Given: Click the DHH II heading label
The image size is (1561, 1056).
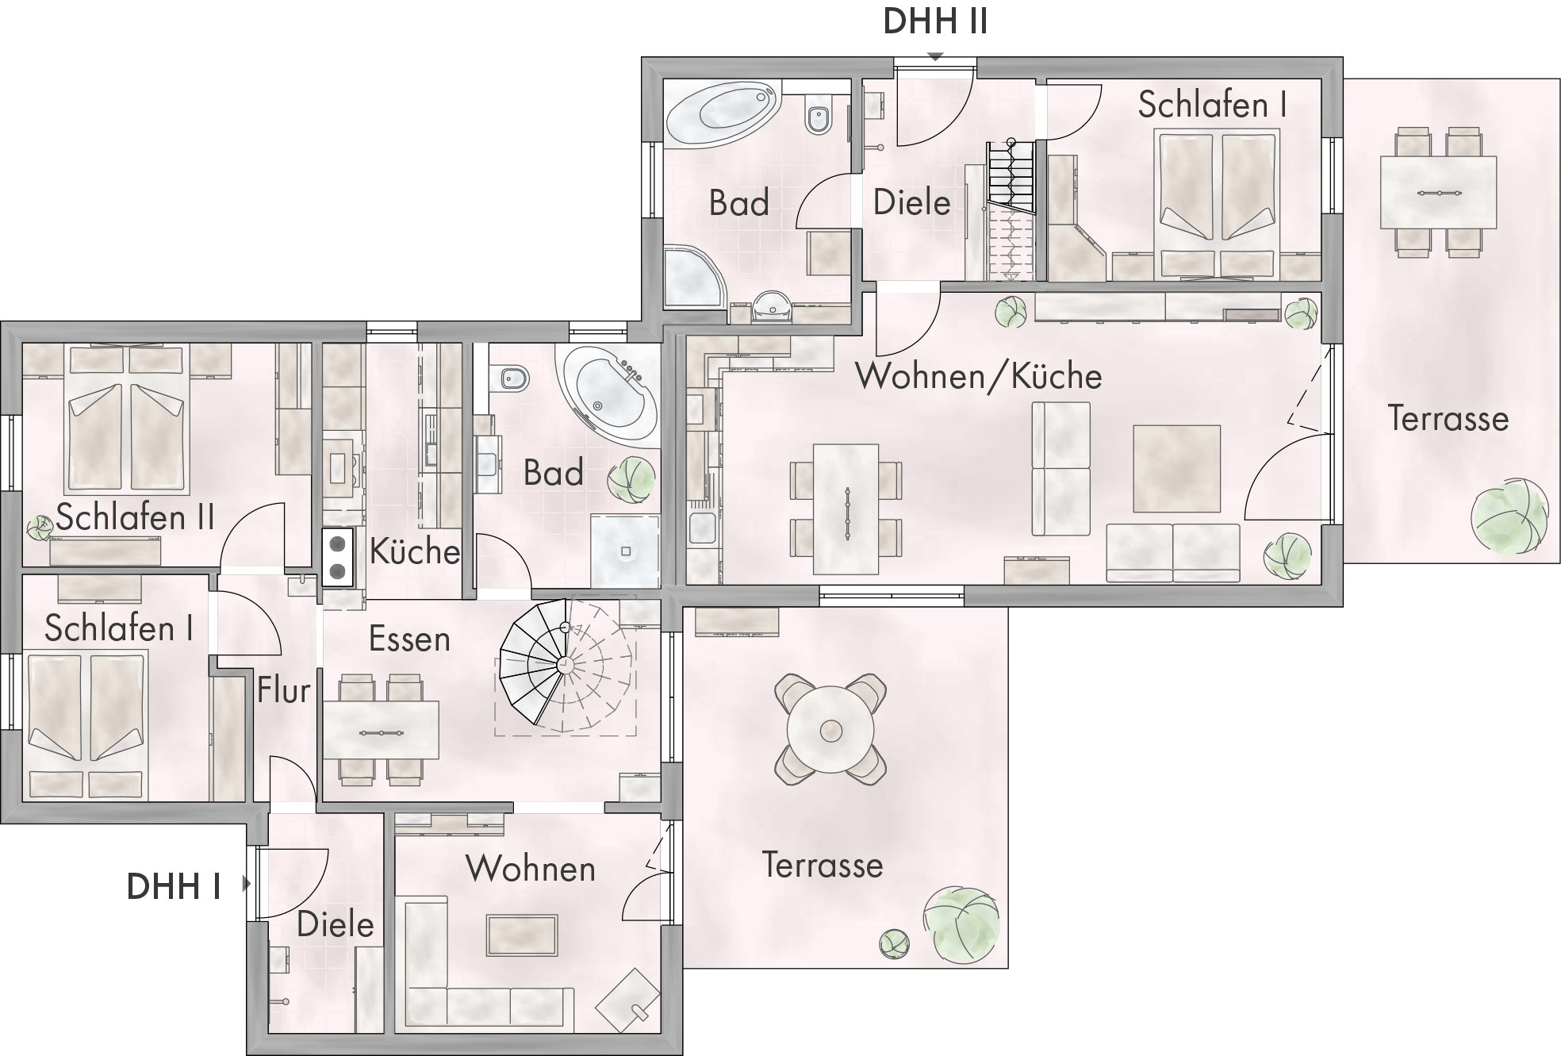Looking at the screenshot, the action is coord(935,21).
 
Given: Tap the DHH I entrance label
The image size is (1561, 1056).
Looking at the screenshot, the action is coord(174,886).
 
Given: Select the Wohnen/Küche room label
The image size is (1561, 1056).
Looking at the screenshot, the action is coord(979,376).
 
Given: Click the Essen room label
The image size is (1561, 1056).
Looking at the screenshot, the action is coord(409,639).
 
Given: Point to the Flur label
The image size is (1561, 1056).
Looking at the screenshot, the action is coord(283,690).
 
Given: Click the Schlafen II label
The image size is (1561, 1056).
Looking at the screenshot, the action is coord(136,517).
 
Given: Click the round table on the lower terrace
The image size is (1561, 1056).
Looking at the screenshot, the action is coord(830,729).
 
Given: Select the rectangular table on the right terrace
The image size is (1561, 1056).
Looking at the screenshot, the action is coord(1438,193).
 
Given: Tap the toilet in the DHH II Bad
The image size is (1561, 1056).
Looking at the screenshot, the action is coord(819,117).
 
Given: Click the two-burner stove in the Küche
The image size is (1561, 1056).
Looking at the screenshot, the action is coord(338,557).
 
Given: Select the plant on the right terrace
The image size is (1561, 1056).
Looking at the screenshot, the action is coord(1509,516).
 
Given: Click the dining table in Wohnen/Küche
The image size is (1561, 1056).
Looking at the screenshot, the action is coord(846,509).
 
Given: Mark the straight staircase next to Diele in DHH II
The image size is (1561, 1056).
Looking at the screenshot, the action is coord(1011,210).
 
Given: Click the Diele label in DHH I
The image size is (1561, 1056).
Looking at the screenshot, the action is coord(336,924).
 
